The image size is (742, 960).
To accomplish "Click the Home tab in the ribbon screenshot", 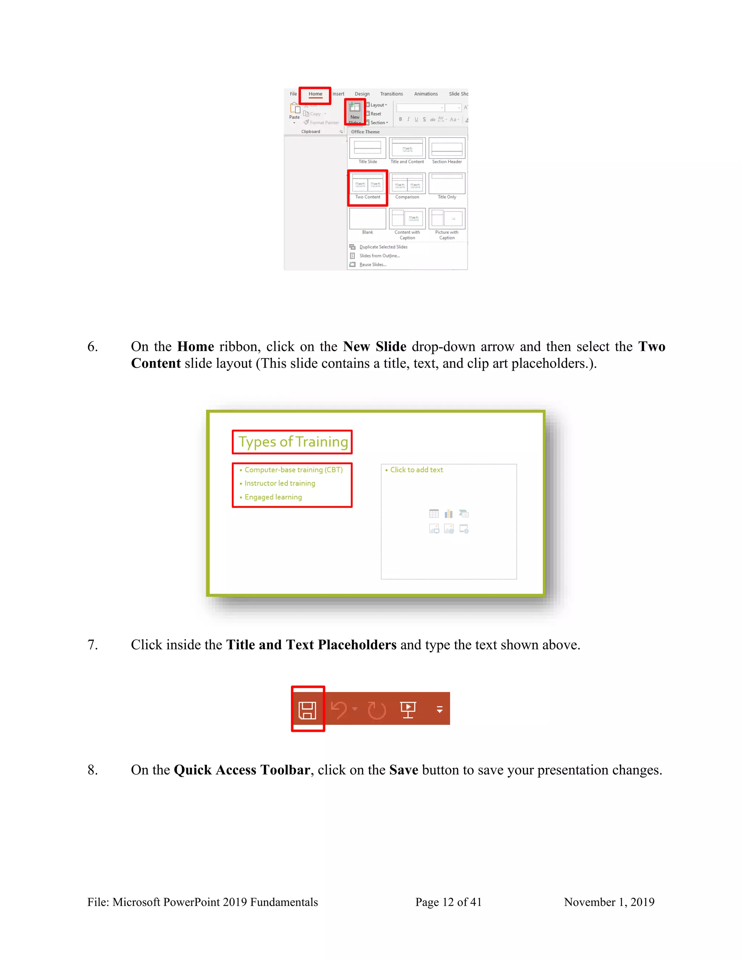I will coord(315,94).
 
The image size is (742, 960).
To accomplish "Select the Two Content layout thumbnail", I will coord(367,185).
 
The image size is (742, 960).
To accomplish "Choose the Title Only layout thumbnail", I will coord(447,185).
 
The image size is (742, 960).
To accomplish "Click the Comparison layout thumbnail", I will coord(407,185).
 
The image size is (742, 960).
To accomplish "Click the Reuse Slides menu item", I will coord(373,264).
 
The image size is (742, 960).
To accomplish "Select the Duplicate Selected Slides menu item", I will coord(383,247).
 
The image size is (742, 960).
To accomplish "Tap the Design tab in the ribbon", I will coord(362,94).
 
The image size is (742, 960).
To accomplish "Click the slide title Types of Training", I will coord(293,442).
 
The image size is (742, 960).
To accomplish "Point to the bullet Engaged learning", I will coord(273,497).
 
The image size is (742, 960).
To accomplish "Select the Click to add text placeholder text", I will coord(416,470).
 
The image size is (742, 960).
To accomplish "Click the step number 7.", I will coord(92,645).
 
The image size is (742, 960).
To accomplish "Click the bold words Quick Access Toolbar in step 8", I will coord(242,770).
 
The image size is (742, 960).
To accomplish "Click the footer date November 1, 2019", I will coord(609,902).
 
